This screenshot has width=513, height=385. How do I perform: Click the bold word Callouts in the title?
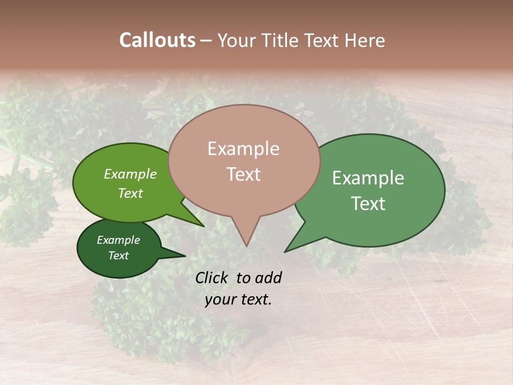click(x=157, y=40)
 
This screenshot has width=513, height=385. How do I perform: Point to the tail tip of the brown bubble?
click(x=246, y=246)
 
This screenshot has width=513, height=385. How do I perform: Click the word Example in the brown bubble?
click(x=243, y=149)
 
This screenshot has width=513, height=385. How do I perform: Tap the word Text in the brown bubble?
click(x=243, y=174)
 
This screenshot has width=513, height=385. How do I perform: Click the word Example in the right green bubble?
click(x=368, y=178)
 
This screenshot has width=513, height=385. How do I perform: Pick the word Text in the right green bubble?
click(x=368, y=204)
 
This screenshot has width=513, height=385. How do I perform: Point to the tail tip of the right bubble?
click(x=285, y=251)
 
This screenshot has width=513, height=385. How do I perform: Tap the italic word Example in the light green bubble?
click(x=130, y=174)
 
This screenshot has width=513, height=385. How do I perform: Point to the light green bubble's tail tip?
click(x=204, y=227)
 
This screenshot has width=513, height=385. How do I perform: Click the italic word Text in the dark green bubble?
click(x=118, y=256)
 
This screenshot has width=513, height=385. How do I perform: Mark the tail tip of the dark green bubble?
click(x=185, y=256)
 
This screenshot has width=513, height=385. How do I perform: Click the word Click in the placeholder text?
click(x=212, y=278)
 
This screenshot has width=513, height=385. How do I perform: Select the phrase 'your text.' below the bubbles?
click(x=238, y=300)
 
